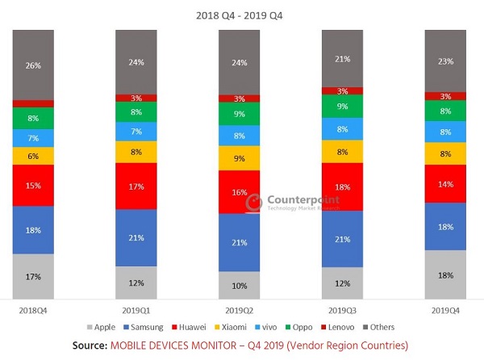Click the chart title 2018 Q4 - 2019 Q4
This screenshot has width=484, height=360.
tap(240, 15)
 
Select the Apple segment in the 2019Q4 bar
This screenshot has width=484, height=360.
tap(445, 275)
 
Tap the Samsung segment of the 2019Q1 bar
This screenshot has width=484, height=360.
tap(136, 237)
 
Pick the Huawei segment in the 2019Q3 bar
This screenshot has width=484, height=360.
tap(342, 186)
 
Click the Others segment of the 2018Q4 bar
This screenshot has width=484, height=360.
tap(33, 65)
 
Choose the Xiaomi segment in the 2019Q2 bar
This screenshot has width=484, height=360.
tap(239, 158)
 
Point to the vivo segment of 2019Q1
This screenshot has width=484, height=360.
tap(136, 131)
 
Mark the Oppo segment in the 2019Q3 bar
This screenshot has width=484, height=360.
tap(342, 106)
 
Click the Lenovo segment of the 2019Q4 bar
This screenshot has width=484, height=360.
tap(445, 96)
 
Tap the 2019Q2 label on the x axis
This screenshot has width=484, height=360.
tap(239, 309)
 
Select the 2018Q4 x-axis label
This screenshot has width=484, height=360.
tap(33, 309)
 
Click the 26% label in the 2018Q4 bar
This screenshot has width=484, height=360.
tap(33, 65)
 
